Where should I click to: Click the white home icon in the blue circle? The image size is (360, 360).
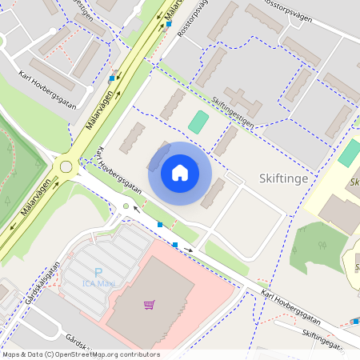tap(180, 173)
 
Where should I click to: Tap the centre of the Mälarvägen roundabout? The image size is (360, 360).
tap(66, 166)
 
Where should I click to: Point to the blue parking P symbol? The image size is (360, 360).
tap(98, 272)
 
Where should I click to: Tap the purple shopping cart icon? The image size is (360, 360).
tap(149, 304)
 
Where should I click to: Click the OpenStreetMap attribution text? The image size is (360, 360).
tap(80, 354)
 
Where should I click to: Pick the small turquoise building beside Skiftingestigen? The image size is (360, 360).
tap(198, 122)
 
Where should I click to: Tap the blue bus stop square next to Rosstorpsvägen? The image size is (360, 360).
tap(169, 24)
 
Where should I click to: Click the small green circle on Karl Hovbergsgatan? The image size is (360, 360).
tap(126, 207)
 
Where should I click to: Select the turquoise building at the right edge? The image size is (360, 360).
tap(349, 153)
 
